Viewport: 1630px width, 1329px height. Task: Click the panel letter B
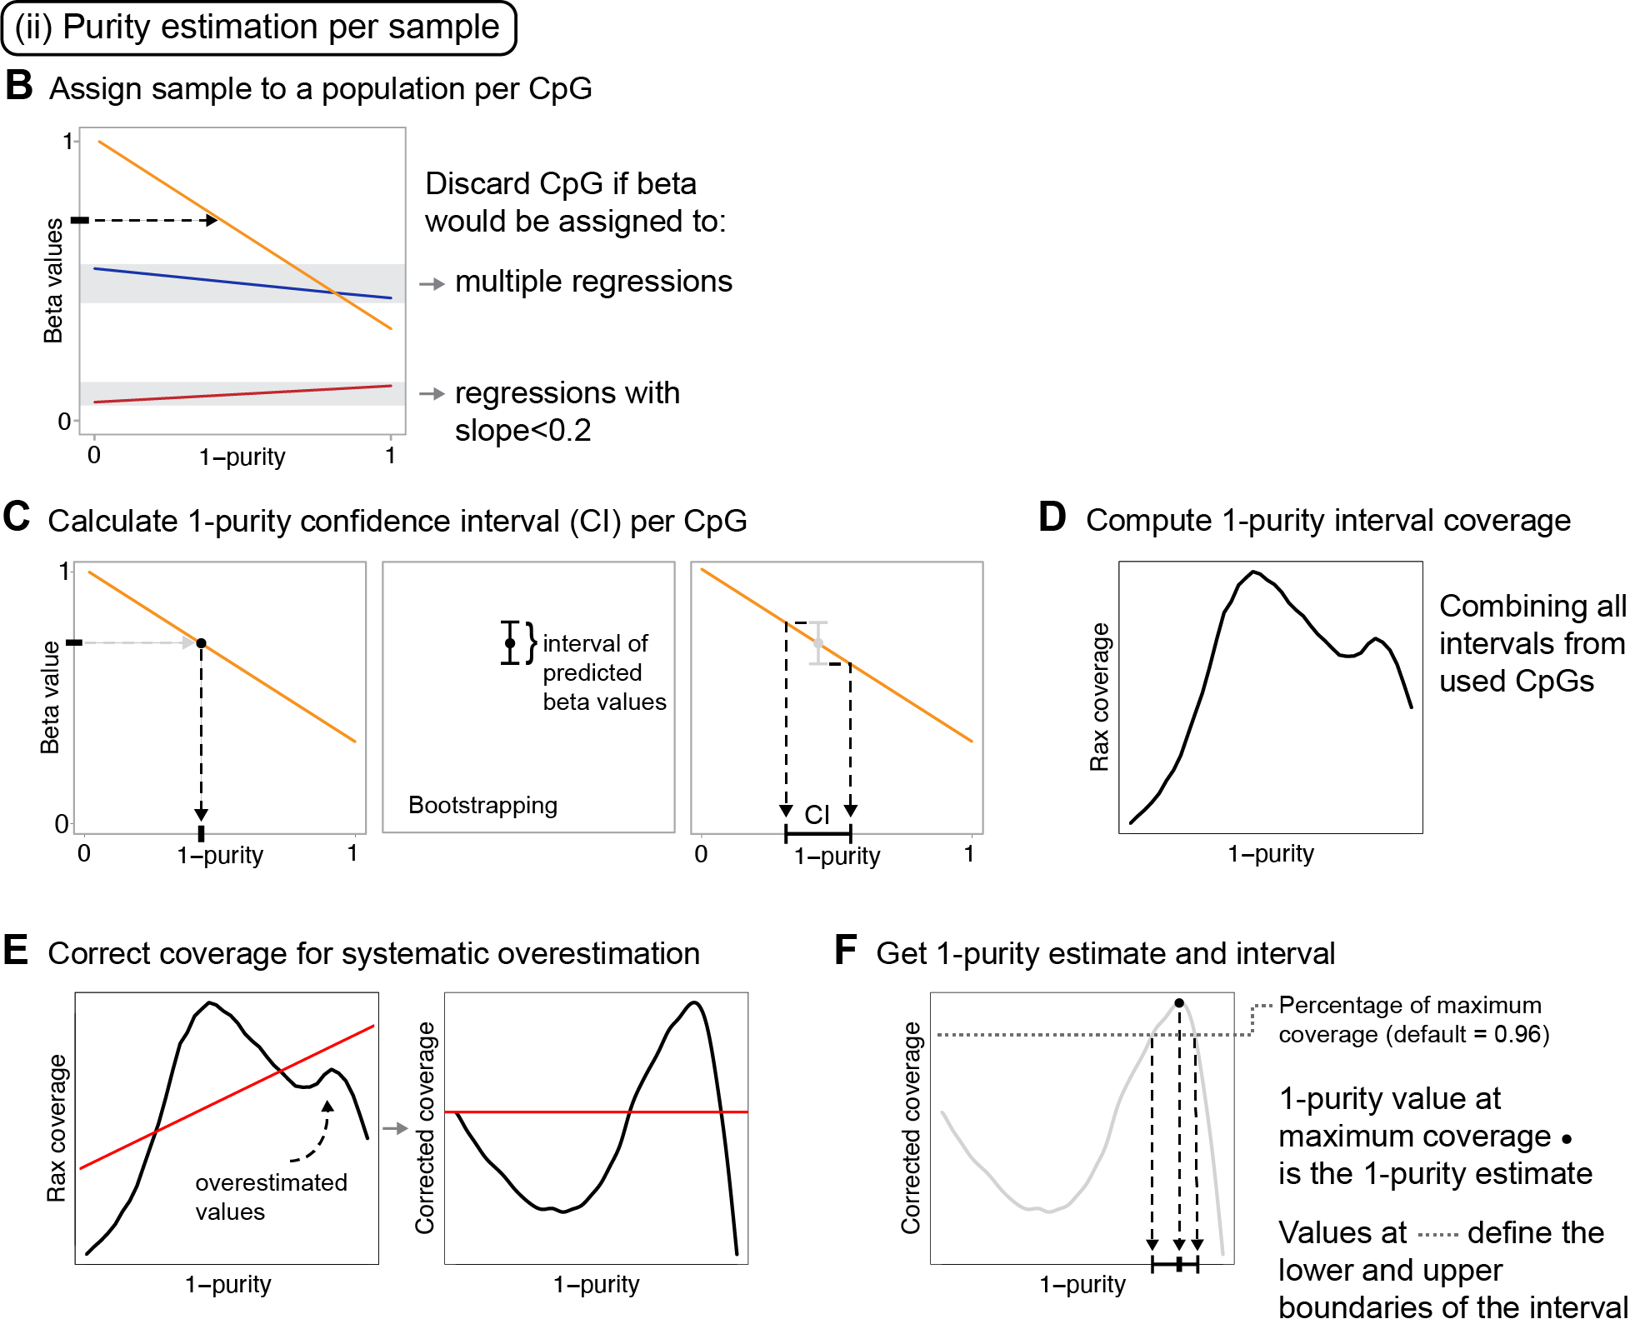tap(19, 86)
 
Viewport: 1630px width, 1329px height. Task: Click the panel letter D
tap(1052, 517)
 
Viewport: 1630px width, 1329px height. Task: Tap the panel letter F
tap(846, 950)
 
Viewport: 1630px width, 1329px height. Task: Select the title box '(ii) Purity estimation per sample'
tap(258, 27)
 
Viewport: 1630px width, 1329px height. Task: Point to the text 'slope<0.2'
tap(522, 431)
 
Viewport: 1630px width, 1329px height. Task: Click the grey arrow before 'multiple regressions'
tap(432, 284)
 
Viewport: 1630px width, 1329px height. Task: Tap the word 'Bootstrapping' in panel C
tap(482, 805)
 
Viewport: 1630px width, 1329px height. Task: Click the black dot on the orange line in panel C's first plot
tap(201, 643)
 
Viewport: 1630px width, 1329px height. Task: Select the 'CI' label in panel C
tap(817, 814)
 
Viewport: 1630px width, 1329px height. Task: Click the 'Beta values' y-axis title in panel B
tap(53, 281)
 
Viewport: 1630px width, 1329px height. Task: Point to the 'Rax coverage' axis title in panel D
tap(1100, 697)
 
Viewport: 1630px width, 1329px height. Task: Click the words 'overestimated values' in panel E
tap(271, 1197)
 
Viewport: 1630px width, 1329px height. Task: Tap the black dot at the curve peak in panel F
tap(1179, 1003)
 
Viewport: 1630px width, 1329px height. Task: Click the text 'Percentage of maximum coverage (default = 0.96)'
tap(1413, 1020)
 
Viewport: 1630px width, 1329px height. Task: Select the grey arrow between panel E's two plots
tap(395, 1128)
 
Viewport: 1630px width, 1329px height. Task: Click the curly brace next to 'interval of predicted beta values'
tap(531, 642)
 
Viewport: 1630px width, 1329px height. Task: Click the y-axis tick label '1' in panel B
tap(67, 142)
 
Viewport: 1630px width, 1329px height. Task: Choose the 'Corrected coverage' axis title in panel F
tap(911, 1127)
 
